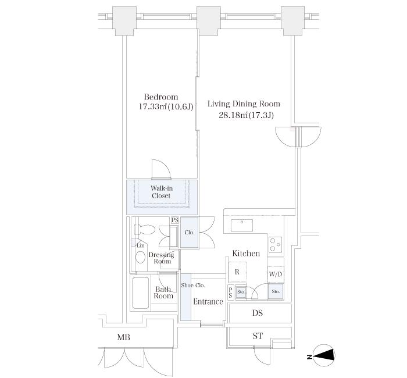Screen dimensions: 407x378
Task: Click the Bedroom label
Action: click(161, 97)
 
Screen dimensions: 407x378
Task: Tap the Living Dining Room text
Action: click(244, 104)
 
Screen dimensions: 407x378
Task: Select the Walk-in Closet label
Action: click(162, 192)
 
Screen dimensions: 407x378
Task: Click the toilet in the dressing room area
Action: click(145, 230)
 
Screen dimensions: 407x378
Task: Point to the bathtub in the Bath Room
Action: click(141, 293)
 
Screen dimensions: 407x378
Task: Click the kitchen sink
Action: click(242, 226)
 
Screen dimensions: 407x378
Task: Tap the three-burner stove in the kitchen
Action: click(275, 245)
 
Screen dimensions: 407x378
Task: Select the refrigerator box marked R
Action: click(237, 272)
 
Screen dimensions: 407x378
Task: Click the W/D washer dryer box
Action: click(276, 274)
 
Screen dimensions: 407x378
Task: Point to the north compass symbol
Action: click(323, 356)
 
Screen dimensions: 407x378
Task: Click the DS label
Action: click(258, 313)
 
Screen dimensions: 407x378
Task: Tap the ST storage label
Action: click(258, 336)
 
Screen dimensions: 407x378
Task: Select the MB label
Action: click(123, 337)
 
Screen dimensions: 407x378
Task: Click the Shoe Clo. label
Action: click(193, 286)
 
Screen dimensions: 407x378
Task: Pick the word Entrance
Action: click(208, 301)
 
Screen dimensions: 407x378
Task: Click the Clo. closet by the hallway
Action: click(190, 233)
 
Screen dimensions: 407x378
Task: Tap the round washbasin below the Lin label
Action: click(141, 257)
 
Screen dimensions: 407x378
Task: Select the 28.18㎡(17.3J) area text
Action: click(246, 115)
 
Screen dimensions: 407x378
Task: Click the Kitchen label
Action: click(246, 254)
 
